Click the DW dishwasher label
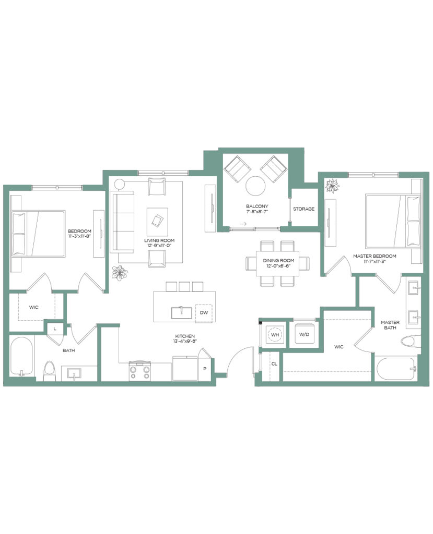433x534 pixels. click(204, 313)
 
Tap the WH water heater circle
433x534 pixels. click(275, 335)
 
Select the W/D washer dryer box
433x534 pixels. click(305, 334)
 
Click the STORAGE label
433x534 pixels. click(303, 209)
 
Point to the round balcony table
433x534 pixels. click(255, 186)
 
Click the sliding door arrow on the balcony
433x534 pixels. click(242, 224)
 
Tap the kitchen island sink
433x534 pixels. click(182, 313)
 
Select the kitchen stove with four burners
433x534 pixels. click(140, 371)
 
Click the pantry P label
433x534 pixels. click(205, 369)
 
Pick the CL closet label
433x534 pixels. click(274, 364)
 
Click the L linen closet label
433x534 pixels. click(55, 329)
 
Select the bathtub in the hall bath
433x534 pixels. click(21, 356)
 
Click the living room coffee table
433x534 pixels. click(157, 221)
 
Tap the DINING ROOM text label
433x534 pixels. click(278, 261)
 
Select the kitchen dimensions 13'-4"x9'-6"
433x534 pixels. click(185, 341)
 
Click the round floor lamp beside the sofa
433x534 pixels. click(119, 184)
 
